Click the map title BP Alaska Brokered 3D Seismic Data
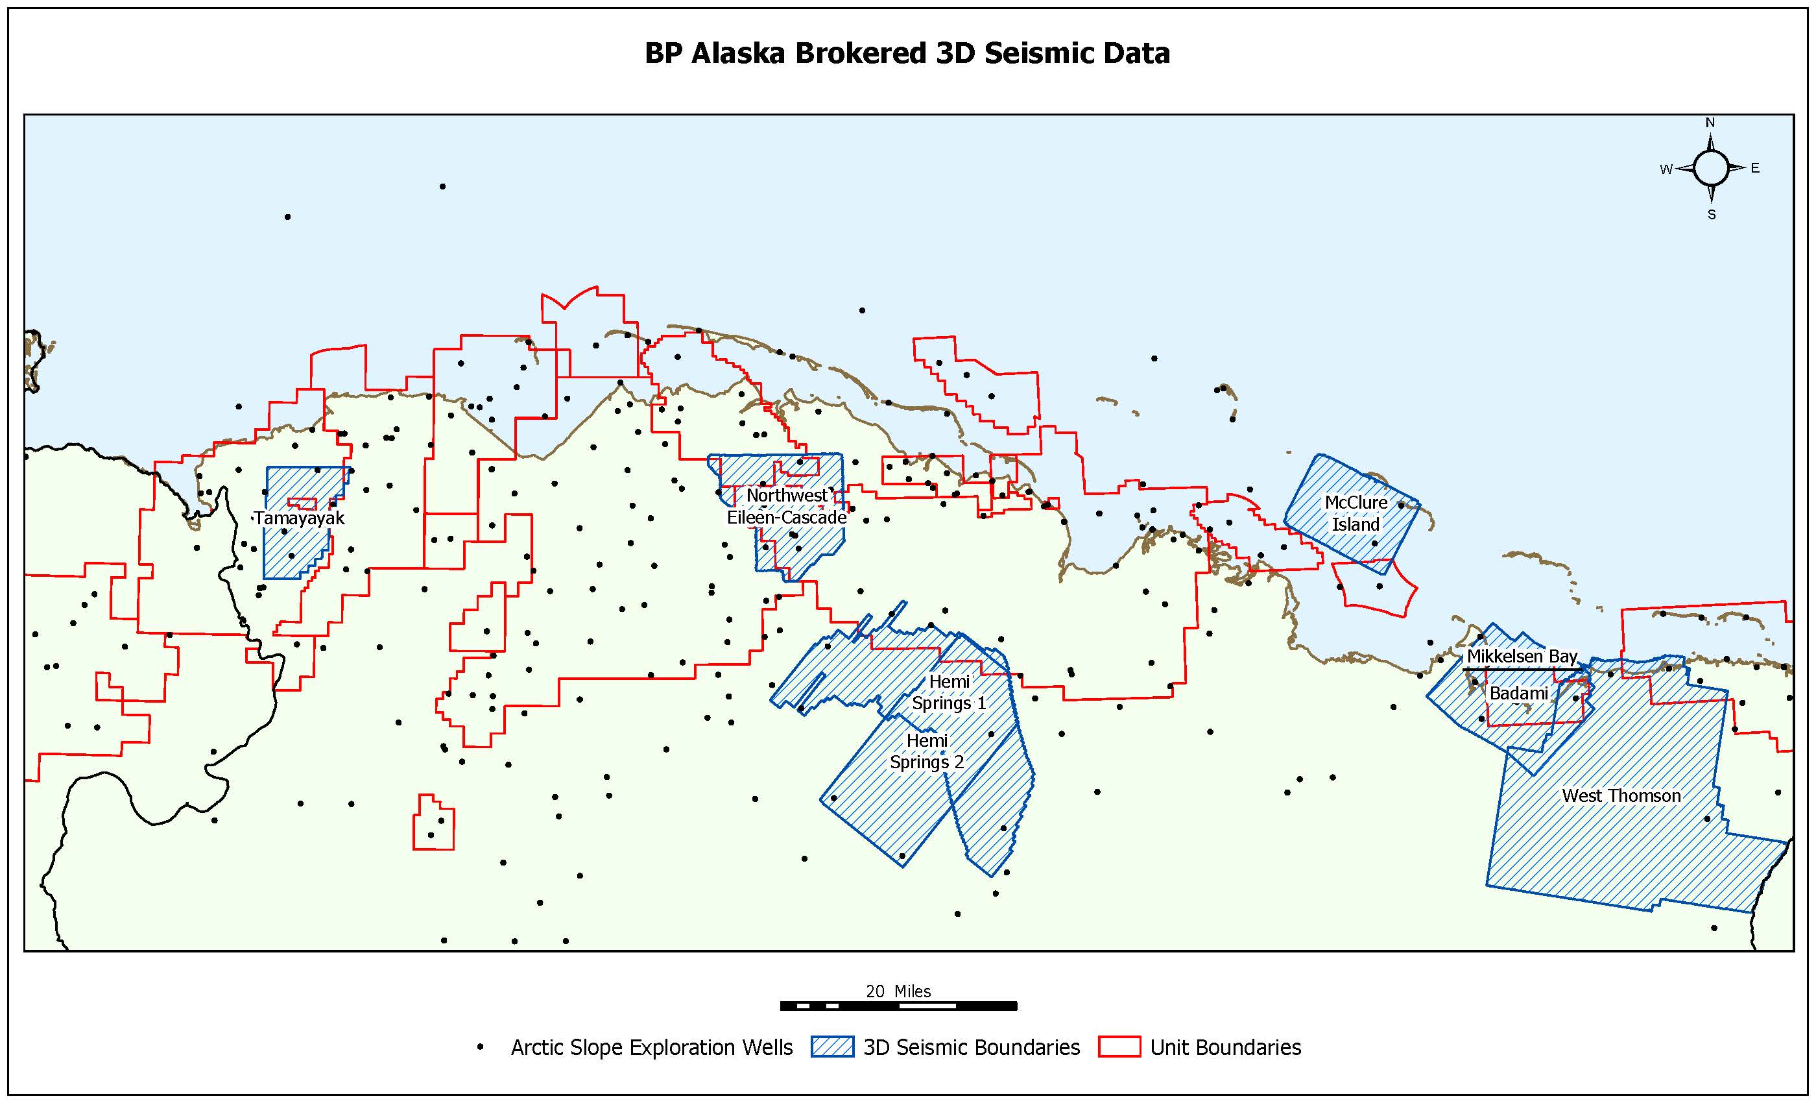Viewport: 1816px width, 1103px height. pos(907,53)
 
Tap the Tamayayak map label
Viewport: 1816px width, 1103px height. pos(299,518)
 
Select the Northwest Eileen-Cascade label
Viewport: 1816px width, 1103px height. pos(786,507)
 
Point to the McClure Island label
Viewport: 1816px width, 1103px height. pos(1356,513)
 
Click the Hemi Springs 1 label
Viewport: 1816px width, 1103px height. pos(948,692)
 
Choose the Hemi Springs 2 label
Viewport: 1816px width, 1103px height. pos(926,751)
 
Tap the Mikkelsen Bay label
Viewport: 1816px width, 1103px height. pos(1521,656)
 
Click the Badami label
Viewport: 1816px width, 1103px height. pos(1518,693)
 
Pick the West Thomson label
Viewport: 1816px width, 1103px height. pos(1621,795)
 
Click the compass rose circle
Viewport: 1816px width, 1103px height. pos(1711,168)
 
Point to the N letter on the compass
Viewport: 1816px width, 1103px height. pos(1710,123)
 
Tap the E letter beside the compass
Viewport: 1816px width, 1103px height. pos(1755,168)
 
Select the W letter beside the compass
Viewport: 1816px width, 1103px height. pos(1666,169)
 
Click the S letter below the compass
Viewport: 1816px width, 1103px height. pos(1712,215)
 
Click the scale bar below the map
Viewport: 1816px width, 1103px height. pos(898,1006)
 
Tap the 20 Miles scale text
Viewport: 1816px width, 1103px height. pos(898,991)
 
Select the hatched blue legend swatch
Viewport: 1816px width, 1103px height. pos(832,1047)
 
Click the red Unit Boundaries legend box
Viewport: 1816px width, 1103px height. pos(1119,1047)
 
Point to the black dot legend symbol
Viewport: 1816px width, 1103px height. pos(481,1047)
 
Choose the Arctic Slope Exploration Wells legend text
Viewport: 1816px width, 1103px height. pos(652,1047)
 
